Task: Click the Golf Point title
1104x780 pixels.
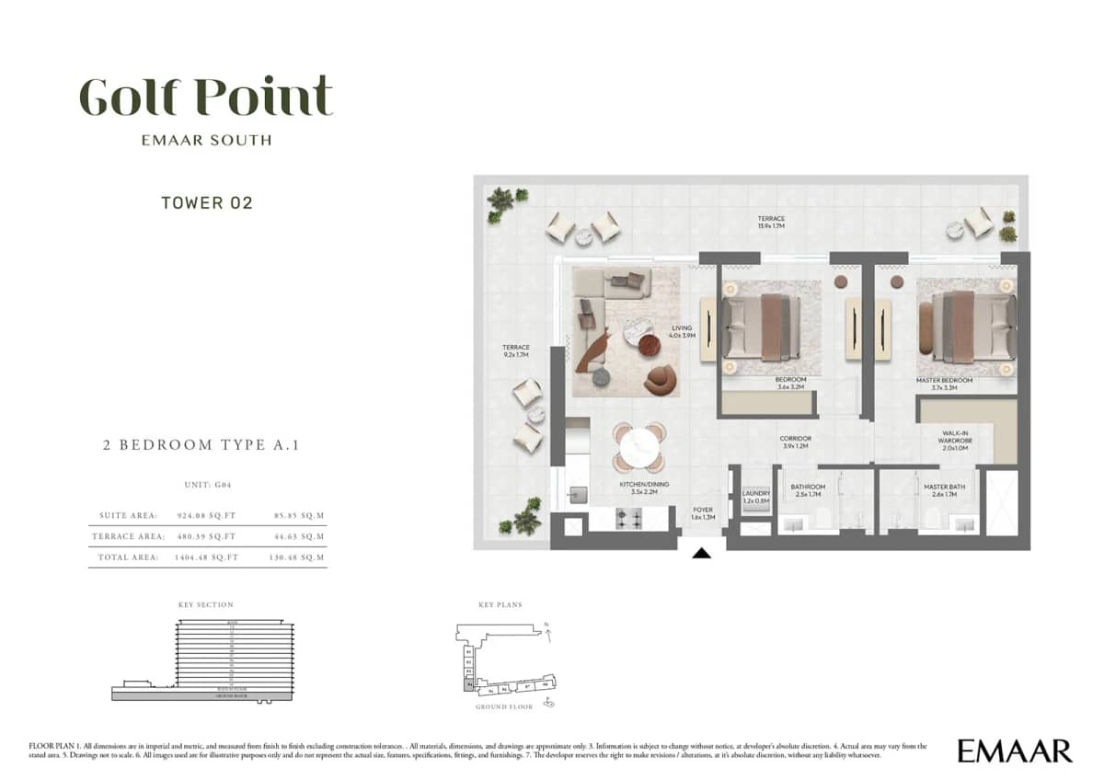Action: click(205, 97)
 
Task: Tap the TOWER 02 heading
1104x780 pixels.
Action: click(207, 203)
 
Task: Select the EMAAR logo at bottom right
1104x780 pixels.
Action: click(1014, 750)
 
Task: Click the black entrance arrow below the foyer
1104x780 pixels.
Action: click(702, 553)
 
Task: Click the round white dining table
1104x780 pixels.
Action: click(638, 450)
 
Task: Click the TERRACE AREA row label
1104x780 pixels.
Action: click(129, 536)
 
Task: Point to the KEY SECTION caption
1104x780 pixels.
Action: click(206, 604)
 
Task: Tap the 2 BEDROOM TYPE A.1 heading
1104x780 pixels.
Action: click(201, 445)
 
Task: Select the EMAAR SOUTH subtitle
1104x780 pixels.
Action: click(206, 141)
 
